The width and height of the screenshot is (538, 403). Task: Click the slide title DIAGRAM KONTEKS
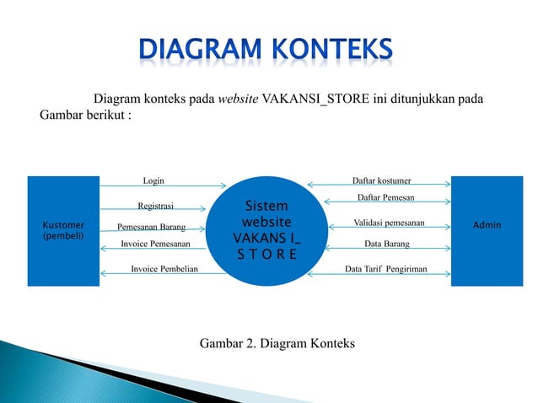[266, 51]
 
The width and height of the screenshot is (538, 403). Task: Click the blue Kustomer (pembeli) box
[63, 231]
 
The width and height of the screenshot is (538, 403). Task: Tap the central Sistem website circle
[266, 229]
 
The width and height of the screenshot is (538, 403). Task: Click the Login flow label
[153, 180]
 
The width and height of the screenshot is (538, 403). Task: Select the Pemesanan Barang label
[151, 227]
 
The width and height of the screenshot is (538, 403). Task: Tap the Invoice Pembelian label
[164, 269]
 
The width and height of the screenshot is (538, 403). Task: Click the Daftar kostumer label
[381, 180]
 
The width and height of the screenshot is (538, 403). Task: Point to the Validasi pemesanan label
[389, 223]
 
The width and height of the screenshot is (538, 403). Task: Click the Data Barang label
[386, 244]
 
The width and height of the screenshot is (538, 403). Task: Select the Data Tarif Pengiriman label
[386, 269]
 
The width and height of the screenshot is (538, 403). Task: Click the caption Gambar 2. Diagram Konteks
[277, 343]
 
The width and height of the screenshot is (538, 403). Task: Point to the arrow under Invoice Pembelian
[163, 276]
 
